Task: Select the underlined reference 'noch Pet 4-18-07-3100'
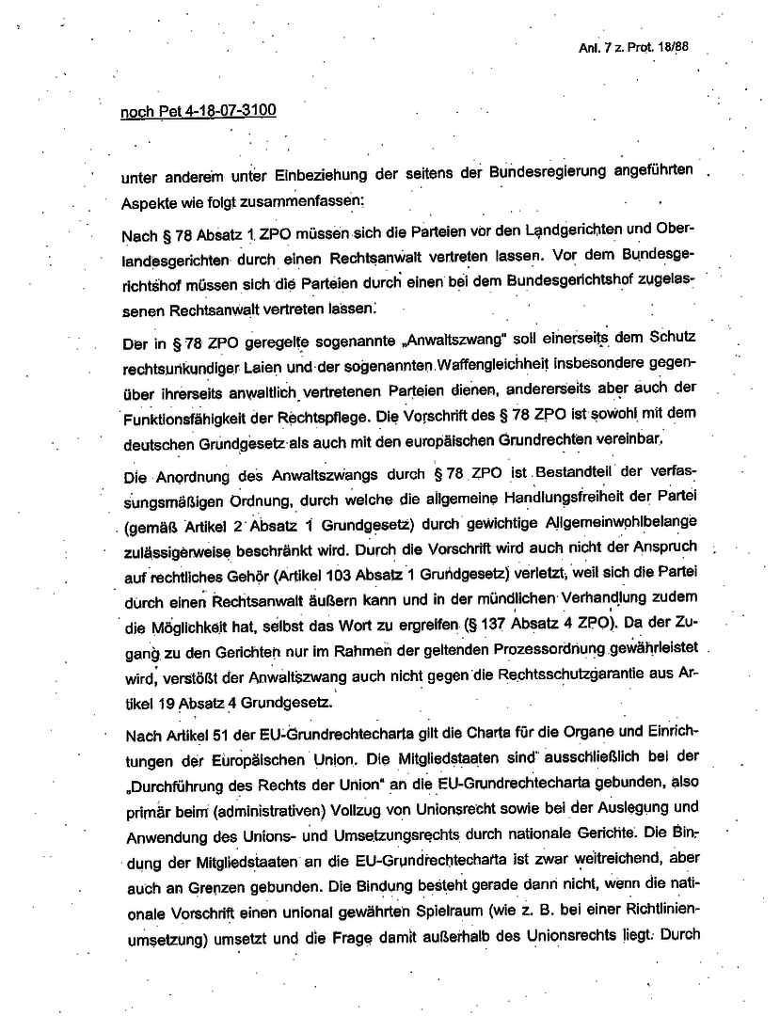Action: [199, 111]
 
